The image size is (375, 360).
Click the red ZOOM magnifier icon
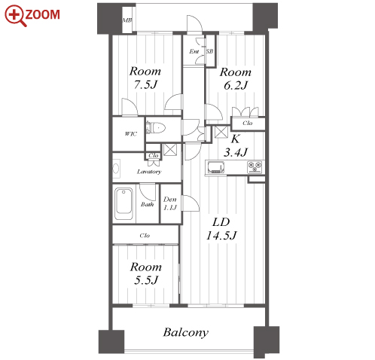(15, 15)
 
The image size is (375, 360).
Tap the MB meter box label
(127, 20)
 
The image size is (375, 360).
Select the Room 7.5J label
(145, 78)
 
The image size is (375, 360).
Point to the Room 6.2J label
(236, 78)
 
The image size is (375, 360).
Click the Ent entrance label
(194, 51)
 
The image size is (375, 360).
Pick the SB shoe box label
(209, 51)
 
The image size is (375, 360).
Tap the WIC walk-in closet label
(131, 134)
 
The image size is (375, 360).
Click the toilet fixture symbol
(156, 128)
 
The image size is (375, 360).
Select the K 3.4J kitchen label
(236, 145)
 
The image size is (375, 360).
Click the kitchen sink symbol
(216, 167)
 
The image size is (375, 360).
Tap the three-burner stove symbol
(255, 167)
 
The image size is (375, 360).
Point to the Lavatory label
(149, 172)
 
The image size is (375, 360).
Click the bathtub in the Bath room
(123, 204)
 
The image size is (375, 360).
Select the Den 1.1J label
(170, 203)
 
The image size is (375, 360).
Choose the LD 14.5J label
(221, 229)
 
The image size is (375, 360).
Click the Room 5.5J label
(146, 273)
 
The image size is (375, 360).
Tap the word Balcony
(186, 333)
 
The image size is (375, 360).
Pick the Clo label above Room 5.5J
(145, 236)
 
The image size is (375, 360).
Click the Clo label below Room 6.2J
(248, 123)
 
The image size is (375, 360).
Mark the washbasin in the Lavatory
(116, 168)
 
